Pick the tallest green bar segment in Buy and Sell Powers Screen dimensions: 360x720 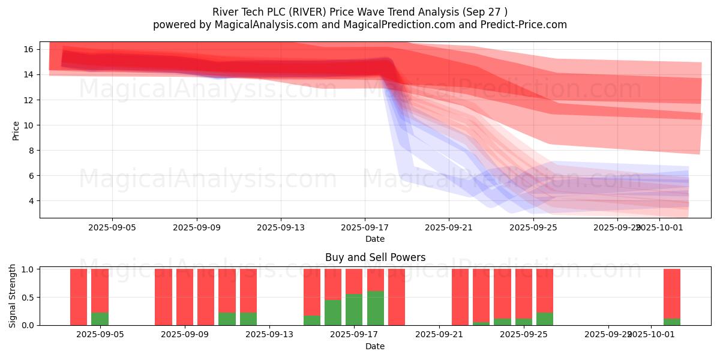[376, 308]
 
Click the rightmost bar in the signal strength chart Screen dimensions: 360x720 [672, 294]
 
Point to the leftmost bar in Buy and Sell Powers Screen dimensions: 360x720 [79, 297]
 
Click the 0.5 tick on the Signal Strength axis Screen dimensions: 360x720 [28, 298]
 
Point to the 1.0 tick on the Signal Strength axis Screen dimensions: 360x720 [28, 269]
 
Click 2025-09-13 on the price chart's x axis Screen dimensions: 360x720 [281, 228]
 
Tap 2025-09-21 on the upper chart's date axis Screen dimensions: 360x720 [449, 228]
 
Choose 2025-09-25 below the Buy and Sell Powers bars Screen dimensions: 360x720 [524, 335]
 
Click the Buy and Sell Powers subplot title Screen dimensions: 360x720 [375, 257]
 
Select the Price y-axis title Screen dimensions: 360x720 [16, 130]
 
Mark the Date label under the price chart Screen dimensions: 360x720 [375, 239]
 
